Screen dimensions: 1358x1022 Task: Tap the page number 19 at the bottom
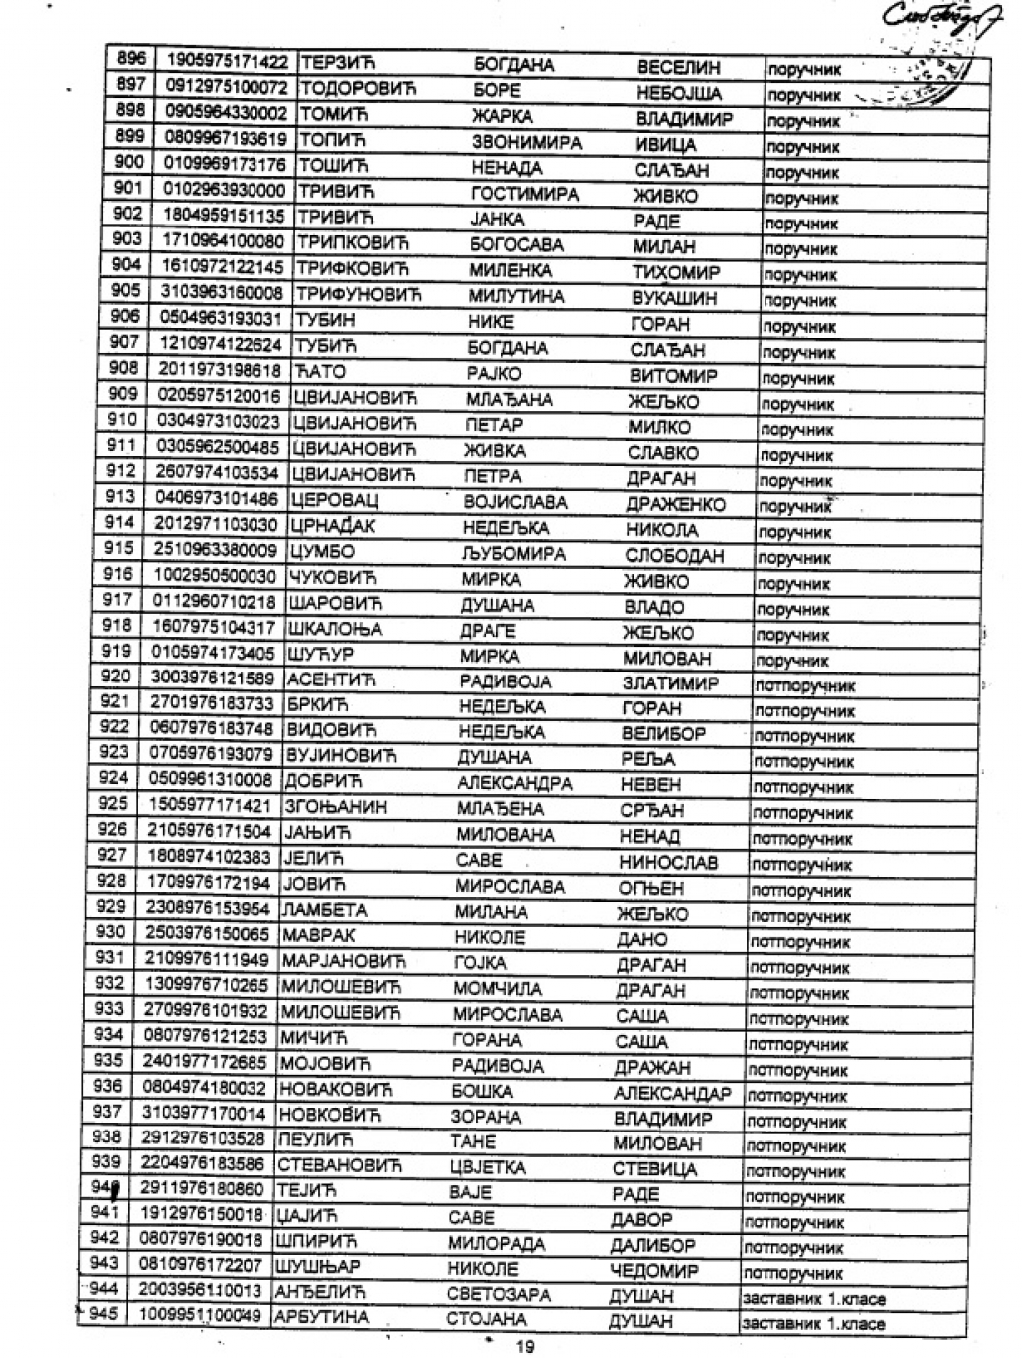tap(524, 1346)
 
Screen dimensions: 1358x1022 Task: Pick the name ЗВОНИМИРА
tap(526, 142)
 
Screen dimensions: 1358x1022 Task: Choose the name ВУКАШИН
tap(674, 297)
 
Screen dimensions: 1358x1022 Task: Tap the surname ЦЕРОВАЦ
tap(333, 499)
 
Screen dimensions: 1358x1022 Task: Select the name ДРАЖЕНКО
tap(676, 504)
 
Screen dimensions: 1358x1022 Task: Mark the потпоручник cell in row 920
tap(804, 685)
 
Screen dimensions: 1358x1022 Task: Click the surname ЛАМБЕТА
tap(324, 910)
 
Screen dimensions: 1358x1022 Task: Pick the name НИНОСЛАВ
tap(668, 862)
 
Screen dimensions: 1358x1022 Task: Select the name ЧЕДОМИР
tap(654, 1270)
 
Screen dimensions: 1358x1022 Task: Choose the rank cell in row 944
tap(812, 1298)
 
